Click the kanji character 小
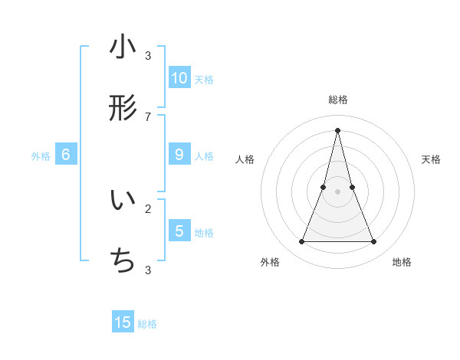coord(123,47)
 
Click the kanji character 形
coord(123,109)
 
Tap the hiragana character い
coord(123,201)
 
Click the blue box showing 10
coord(179,78)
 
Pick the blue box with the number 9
coord(179,155)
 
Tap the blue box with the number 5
coord(179,231)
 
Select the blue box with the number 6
coord(66,155)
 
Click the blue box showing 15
coord(123,322)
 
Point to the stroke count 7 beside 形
coord(148,116)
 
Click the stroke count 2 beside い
coord(148,208)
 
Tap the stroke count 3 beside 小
coord(148,55)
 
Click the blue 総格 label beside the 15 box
coord(147,324)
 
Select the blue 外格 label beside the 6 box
coord(41,156)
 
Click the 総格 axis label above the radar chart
coord(338,100)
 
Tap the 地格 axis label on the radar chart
coord(402,262)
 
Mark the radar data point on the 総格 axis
coord(337,129)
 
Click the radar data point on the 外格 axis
coord(301,242)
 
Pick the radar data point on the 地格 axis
coord(374,242)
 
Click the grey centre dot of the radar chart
coord(337,192)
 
